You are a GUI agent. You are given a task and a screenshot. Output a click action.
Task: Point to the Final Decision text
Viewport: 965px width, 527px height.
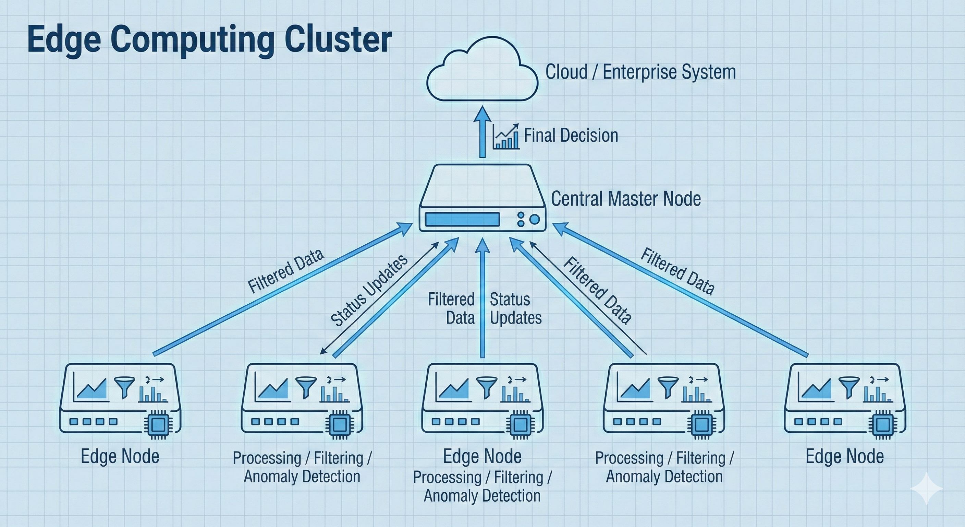coord(571,136)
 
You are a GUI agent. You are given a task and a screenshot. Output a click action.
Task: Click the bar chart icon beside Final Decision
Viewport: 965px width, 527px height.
coord(506,137)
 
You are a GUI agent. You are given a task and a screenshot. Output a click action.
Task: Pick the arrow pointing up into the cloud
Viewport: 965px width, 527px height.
coord(482,131)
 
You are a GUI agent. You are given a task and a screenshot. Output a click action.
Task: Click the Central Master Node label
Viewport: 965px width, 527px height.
coord(626,199)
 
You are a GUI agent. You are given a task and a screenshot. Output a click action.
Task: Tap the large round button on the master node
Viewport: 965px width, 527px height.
coord(535,220)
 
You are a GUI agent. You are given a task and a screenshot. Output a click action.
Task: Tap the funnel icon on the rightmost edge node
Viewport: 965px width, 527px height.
coord(849,386)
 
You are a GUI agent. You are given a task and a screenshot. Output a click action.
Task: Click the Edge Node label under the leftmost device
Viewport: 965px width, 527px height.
coord(120,456)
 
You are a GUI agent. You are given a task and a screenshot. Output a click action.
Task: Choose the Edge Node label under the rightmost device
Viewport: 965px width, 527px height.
coord(845,456)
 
